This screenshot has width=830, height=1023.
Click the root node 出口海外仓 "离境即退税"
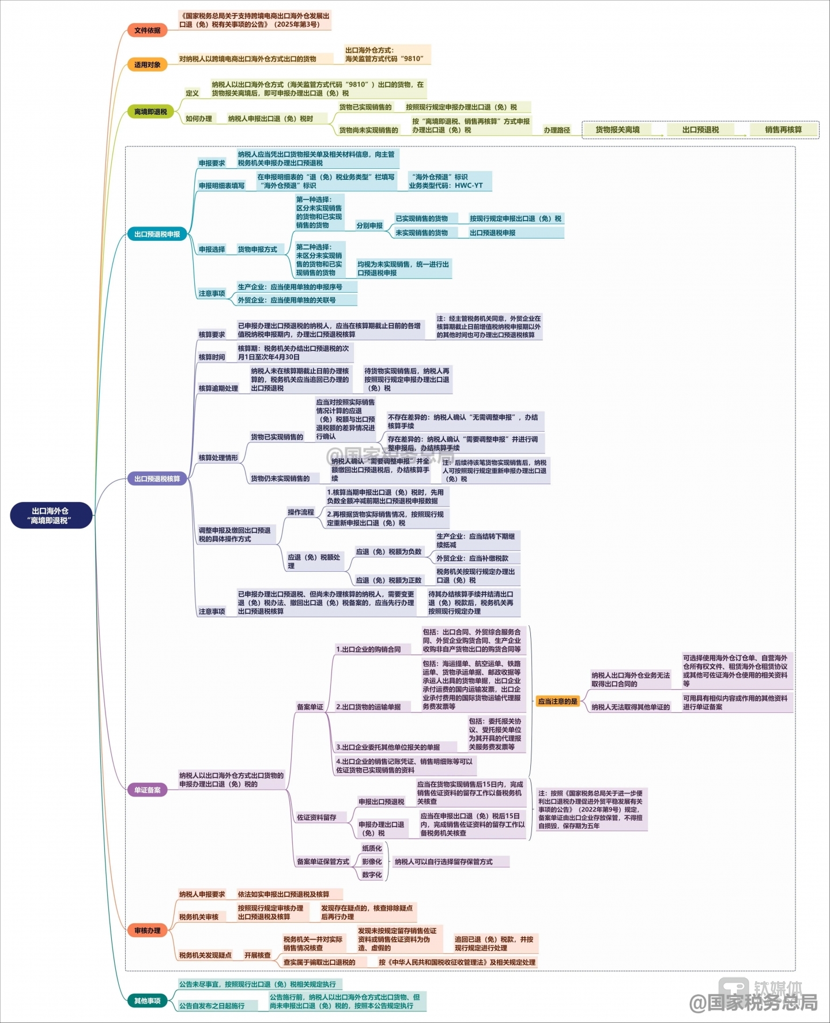coord(51,515)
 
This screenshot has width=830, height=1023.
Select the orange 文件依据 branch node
coord(147,31)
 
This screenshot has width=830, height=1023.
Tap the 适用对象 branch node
coord(147,65)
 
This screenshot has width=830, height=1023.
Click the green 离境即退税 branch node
coord(150,112)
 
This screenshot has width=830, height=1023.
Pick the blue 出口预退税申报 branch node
coord(157,234)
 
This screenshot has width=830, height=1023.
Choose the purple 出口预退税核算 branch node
coord(157,479)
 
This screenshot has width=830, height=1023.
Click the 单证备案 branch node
coord(147,790)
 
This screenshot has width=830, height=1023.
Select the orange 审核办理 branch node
coord(147,930)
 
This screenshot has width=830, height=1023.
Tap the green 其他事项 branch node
coord(147,1001)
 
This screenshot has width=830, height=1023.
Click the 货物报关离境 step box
coord(617,130)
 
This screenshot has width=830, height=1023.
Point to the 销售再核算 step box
coord(783,130)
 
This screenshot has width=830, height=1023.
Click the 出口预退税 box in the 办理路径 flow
coord(700,130)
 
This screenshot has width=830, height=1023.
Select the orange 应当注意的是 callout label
coord(557,701)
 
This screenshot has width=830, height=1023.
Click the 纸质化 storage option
coord(372,848)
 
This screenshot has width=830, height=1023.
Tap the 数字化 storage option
coord(372,875)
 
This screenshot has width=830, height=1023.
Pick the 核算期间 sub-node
coord(212,357)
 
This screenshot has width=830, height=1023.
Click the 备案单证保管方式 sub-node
coord(323,862)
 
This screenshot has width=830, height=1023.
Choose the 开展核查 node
coord(257,955)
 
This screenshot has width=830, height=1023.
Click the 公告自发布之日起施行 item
coord(212,1006)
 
